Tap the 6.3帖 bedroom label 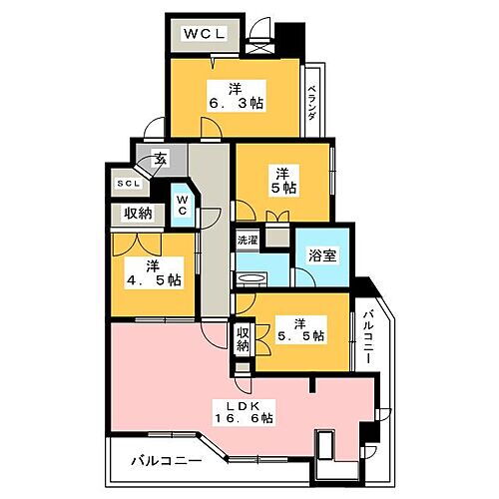(236, 93)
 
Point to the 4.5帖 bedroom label (153, 271)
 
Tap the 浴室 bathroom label (321, 253)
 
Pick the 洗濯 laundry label (247, 241)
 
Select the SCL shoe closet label (128, 184)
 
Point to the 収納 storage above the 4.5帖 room (138, 213)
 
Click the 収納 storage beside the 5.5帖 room (243, 339)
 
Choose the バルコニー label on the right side (368, 336)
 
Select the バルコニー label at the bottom (167, 462)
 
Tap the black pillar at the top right (290, 38)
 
